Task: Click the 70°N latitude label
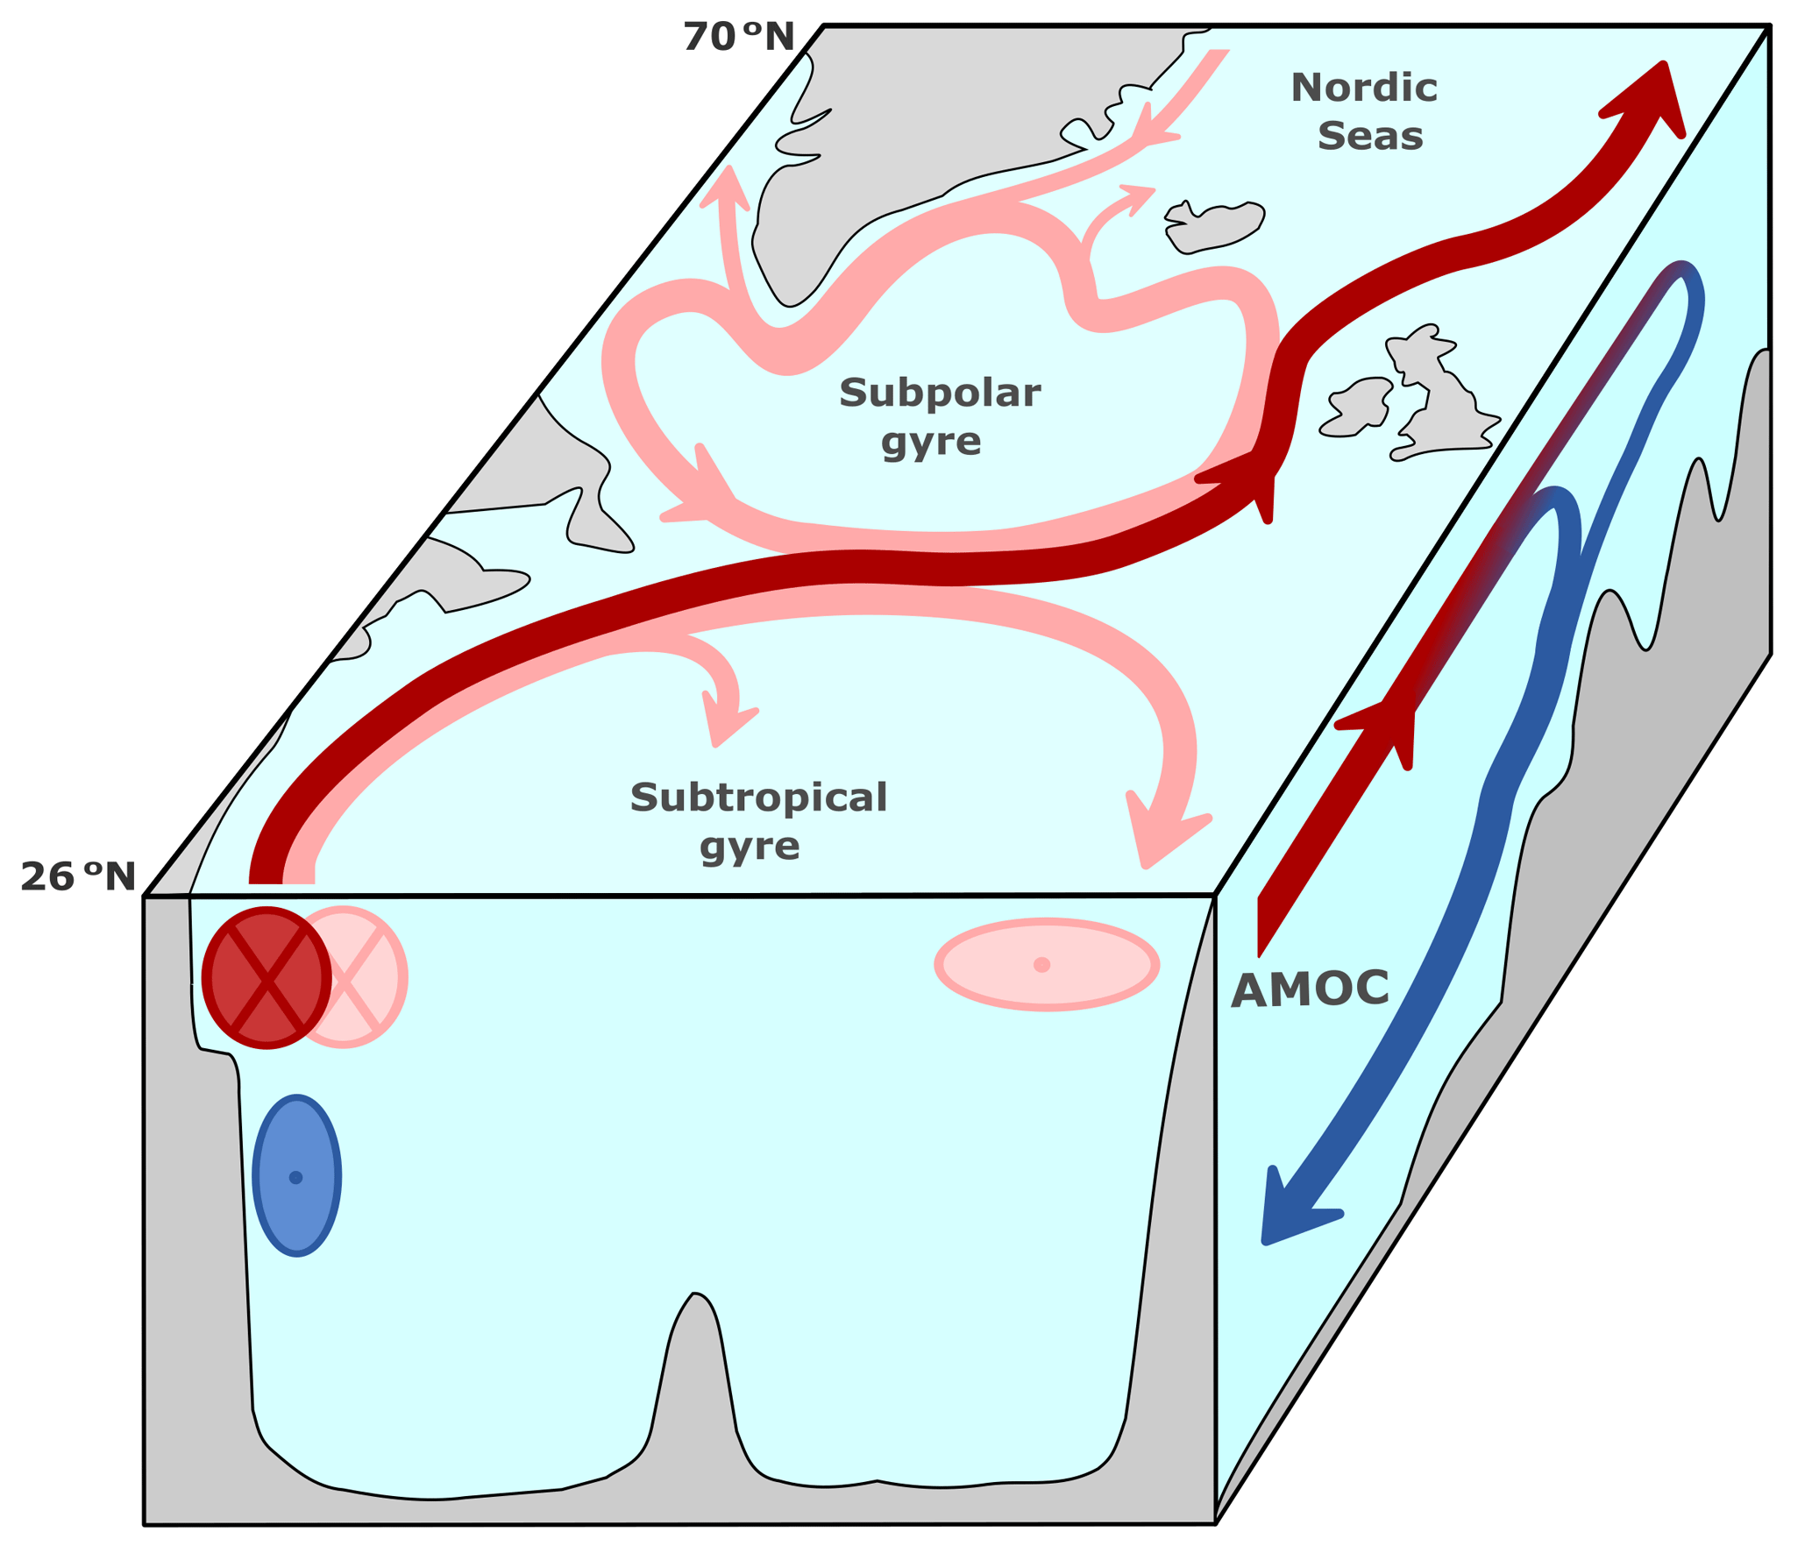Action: click(x=738, y=38)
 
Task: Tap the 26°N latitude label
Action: click(x=78, y=877)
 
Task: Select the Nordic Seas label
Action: click(x=1365, y=111)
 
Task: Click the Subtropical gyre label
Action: click(x=758, y=821)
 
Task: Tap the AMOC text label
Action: click(x=1310, y=990)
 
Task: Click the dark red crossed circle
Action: click(x=266, y=978)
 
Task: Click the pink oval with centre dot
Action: click(x=1047, y=965)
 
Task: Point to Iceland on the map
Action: click(x=1215, y=227)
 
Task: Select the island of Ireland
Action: click(x=1358, y=407)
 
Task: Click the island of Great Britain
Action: click(x=1439, y=394)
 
